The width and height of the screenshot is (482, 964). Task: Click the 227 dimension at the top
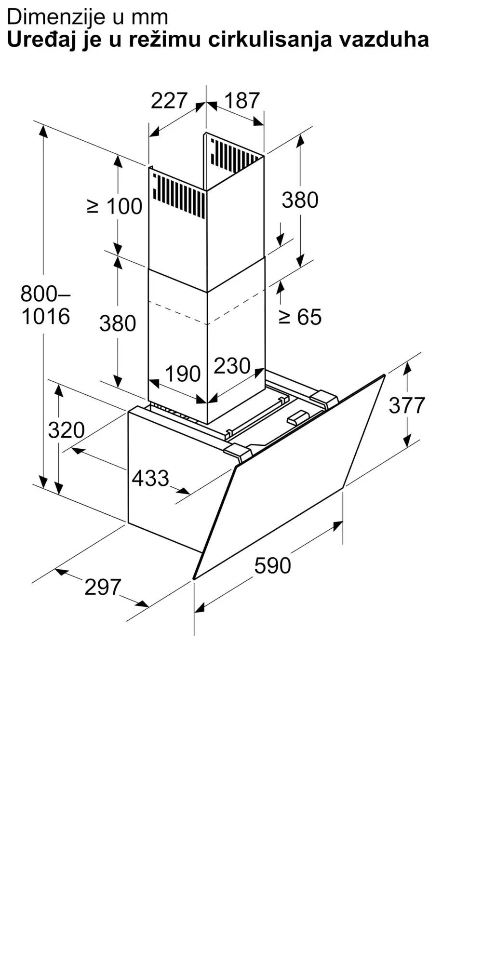[x=169, y=101]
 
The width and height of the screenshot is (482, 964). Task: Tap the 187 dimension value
[x=242, y=101]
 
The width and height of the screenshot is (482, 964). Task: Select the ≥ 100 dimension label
[x=115, y=206]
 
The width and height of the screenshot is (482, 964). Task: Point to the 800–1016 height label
[x=46, y=305]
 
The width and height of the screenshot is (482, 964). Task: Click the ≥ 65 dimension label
[x=300, y=317]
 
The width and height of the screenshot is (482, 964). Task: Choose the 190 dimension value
[x=183, y=374]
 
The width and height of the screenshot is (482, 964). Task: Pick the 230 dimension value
[x=232, y=366]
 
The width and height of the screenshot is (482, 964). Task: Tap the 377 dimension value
[x=407, y=405]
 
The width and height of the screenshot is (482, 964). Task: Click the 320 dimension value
[x=67, y=430]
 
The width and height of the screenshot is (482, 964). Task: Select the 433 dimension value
[x=150, y=478]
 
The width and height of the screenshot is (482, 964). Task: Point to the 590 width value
[x=273, y=565]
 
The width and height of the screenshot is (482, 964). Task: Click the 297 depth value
[x=103, y=587]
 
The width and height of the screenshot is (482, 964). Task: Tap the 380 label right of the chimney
[x=300, y=200]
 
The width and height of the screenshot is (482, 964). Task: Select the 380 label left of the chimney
[x=118, y=323]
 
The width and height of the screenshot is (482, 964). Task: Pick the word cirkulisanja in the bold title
[x=270, y=40]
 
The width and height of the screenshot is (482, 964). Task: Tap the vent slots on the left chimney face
[x=179, y=195]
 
